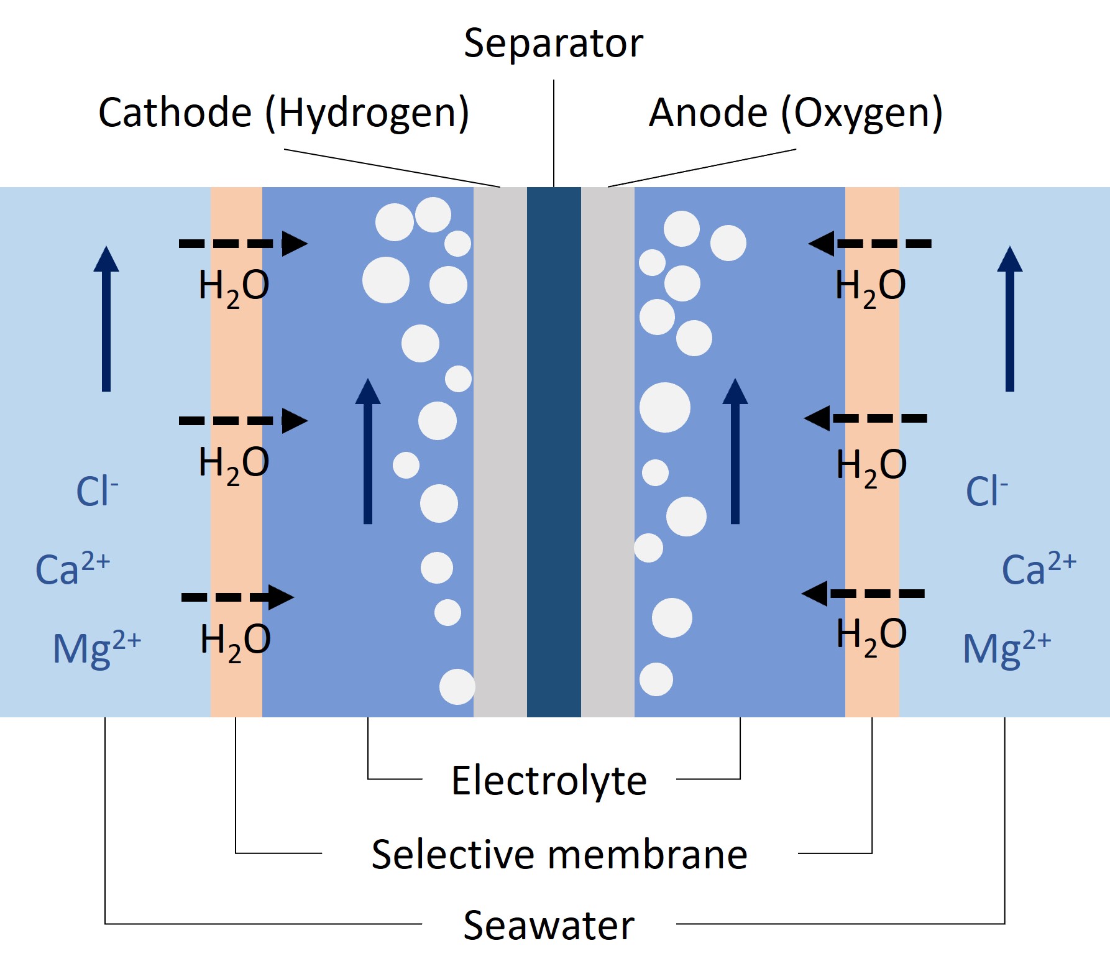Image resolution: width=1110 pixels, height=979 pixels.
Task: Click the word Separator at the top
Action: click(553, 44)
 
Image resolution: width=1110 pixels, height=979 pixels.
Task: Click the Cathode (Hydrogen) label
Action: click(283, 113)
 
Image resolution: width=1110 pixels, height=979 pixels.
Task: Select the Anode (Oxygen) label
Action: click(796, 113)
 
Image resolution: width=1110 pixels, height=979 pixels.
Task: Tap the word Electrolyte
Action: click(549, 781)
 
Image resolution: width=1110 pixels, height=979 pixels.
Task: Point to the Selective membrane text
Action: click(559, 854)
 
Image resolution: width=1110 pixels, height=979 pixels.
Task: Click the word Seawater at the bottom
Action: click(549, 926)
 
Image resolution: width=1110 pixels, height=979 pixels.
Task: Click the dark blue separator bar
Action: click(554, 452)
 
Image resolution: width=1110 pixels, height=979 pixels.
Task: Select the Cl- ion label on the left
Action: click(96, 491)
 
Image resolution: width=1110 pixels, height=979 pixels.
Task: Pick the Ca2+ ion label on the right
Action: click(1038, 568)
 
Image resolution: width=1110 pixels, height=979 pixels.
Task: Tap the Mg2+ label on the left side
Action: click(96, 648)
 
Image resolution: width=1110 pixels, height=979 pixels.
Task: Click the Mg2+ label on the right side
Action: click(1006, 648)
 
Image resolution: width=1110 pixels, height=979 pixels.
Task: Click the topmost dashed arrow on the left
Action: click(242, 244)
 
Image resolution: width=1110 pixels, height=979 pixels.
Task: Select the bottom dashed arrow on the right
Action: click(864, 594)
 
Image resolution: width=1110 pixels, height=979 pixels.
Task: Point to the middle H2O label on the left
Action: click(234, 464)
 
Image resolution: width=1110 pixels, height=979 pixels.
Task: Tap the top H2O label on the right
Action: click(870, 287)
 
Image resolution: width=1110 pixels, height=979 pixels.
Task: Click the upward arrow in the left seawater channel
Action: click(106, 318)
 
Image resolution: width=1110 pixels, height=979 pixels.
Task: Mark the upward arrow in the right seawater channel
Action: click(1009, 318)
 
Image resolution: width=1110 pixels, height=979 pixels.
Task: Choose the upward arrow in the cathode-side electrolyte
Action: click(368, 451)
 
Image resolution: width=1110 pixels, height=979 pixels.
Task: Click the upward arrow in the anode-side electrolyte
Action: click(735, 451)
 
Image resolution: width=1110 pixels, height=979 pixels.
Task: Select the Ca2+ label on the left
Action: click(72, 568)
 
